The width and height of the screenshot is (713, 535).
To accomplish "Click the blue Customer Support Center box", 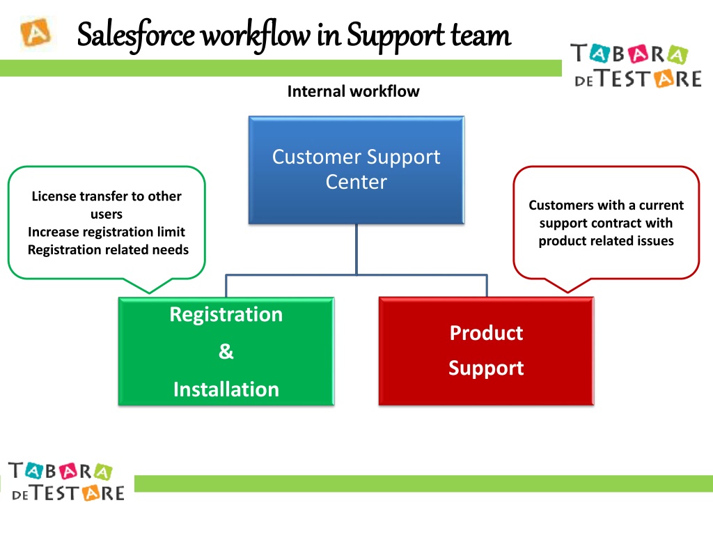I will [x=356, y=169].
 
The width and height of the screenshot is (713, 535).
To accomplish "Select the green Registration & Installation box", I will [x=226, y=351].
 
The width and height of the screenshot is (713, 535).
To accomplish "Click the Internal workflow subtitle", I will [x=353, y=91].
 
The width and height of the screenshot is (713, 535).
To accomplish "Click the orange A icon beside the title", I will [x=35, y=33].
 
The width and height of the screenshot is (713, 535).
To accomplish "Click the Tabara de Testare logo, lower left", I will [x=67, y=481].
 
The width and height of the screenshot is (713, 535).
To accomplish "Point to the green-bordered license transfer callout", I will [x=107, y=223].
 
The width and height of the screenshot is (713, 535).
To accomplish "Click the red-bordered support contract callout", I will [x=606, y=223].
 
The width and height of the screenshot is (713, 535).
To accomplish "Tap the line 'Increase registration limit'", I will [x=107, y=232].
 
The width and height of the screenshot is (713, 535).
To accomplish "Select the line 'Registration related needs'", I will [x=108, y=250].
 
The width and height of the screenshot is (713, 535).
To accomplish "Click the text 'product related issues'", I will [x=606, y=241].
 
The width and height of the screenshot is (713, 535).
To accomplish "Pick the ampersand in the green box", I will [x=226, y=352].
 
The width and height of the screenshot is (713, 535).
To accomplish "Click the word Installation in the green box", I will [x=226, y=389].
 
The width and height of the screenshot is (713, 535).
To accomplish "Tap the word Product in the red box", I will [x=486, y=333].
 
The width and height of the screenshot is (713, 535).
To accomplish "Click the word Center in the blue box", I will [x=356, y=183].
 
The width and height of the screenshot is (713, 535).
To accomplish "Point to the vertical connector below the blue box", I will [x=356, y=249].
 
